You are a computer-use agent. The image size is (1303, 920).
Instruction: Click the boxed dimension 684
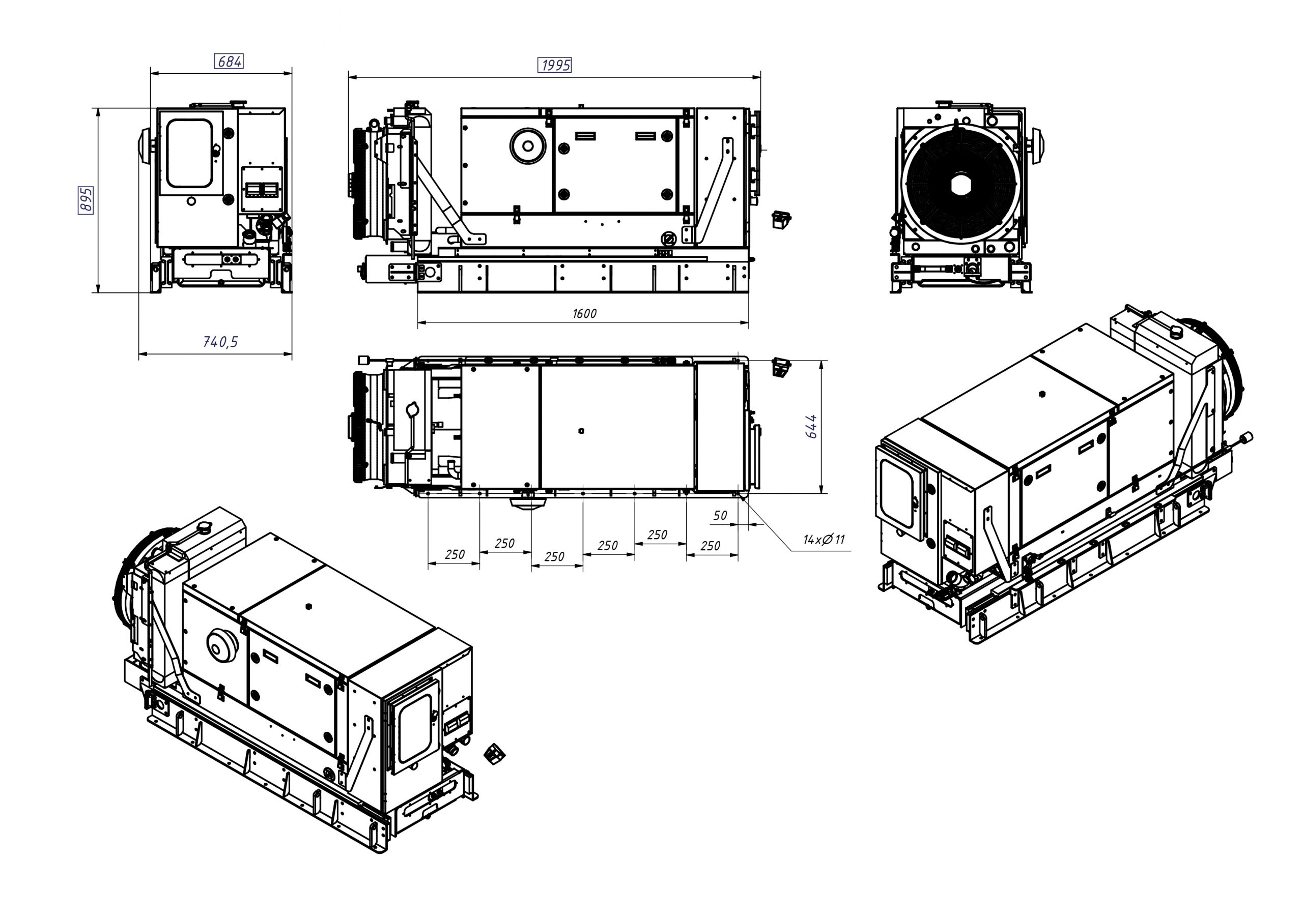[x=229, y=61]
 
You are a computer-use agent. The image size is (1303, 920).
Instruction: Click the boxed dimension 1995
[x=554, y=65]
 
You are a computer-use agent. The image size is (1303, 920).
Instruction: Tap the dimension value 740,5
[x=220, y=341]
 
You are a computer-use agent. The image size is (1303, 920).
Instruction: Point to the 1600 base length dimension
[x=584, y=314]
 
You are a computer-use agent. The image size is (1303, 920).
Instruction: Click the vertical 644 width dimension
[x=811, y=426]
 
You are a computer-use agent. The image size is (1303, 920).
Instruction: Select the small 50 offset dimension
[x=720, y=515]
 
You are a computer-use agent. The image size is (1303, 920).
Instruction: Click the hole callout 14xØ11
[x=824, y=540]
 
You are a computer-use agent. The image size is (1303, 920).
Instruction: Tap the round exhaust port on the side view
[x=528, y=146]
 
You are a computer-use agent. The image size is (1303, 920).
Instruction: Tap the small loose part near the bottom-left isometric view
[x=494, y=754]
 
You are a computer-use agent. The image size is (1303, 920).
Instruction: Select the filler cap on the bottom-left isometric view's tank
[x=204, y=527]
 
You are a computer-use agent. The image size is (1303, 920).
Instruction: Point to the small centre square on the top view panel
[x=581, y=431]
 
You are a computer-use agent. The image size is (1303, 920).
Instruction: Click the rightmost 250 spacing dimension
[x=710, y=546]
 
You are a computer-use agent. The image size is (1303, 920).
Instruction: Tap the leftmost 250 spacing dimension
[x=455, y=554]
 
